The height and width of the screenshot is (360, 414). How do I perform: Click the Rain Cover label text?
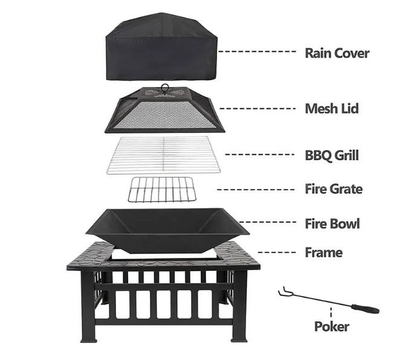coord(337,53)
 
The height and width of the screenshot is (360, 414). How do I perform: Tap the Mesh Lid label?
coord(331,109)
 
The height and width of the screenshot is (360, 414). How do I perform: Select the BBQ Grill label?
coord(332,155)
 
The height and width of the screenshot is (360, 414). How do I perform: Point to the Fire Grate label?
coord(334,189)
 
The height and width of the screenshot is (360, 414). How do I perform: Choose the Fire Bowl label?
coord(332,223)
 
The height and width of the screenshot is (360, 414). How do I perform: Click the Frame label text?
coord(323,252)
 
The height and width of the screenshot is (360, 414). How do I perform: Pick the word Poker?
coord(331,327)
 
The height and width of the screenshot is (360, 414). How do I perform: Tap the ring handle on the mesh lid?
coord(164,88)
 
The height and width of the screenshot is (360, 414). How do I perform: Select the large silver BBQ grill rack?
coord(164,155)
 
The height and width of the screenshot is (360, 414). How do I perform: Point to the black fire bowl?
coord(167,230)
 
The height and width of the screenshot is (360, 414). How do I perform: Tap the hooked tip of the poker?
coord(282,293)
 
